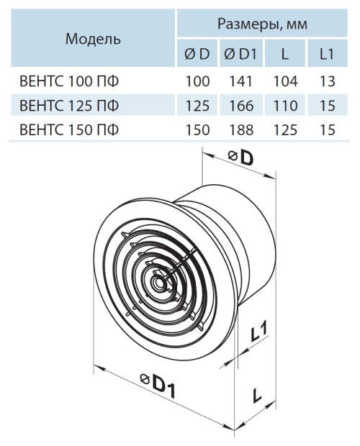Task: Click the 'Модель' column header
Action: tap(93, 39)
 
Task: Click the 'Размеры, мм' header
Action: tap(262, 24)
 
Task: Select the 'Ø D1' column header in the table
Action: tap(240, 54)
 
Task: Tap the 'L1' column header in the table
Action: tap(327, 54)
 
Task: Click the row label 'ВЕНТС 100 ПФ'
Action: tap(69, 81)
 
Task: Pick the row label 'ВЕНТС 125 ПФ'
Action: tap(69, 106)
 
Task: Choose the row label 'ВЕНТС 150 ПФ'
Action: tap(69, 130)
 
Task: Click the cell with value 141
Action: tap(240, 81)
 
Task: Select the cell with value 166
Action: tap(240, 106)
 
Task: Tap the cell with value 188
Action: tap(240, 130)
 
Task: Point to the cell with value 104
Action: tap(285, 81)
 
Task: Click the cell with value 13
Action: tap(328, 81)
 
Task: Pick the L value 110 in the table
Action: tap(285, 106)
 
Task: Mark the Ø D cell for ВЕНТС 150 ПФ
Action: tap(197, 130)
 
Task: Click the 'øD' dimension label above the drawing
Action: tap(240, 158)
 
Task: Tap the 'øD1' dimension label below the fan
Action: tap(158, 386)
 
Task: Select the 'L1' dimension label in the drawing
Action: tap(259, 333)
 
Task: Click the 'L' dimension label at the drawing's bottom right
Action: tap(257, 396)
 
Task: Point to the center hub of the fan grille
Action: tap(158, 282)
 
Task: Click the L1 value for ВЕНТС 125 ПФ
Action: tap(328, 106)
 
